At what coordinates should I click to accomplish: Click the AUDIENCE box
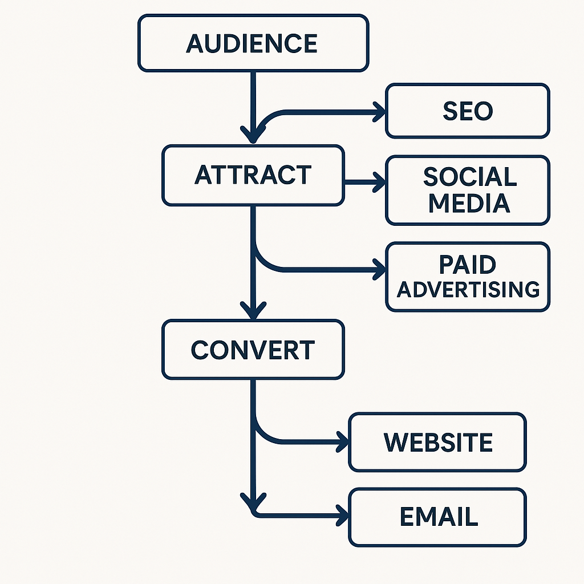tap(253, 43)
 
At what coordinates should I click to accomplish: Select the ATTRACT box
tap(253, 175)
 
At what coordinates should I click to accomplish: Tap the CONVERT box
tap(253, 350)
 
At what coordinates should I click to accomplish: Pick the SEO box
tap(467, 111)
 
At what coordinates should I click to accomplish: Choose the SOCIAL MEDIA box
tap(467, 190)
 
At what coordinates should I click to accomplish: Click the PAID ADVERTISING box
tap(467, 277)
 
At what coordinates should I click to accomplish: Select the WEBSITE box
tap(437, 443)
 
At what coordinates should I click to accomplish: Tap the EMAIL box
tap(437, 517)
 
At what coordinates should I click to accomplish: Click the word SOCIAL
tap(469, 177)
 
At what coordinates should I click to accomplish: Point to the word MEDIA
tap(469, 203)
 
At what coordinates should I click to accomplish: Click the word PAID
tap(468, 265)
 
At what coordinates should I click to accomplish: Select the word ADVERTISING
tap(468, 289)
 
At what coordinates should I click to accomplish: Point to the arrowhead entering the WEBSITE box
tap(343, 441)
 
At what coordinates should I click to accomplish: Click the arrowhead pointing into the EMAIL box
tap(343, 515)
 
